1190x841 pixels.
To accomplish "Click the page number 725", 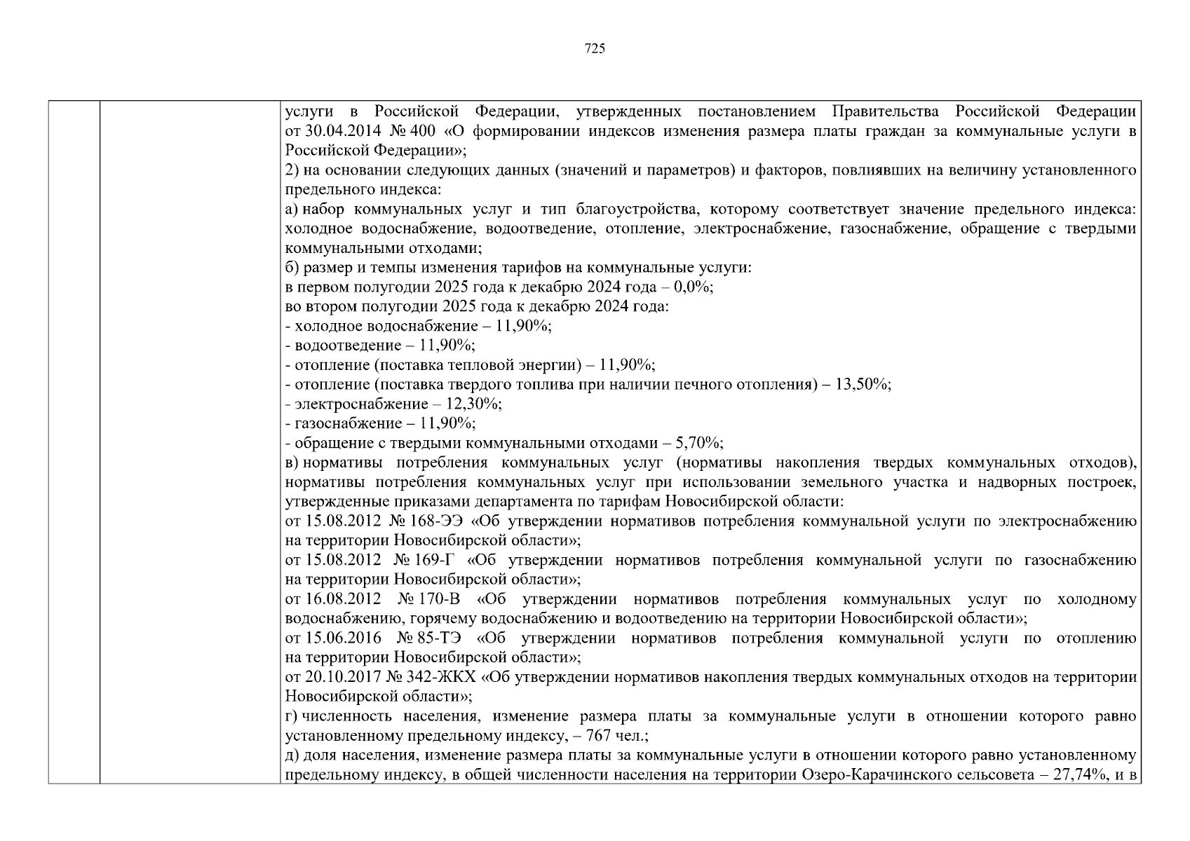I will point(595,48).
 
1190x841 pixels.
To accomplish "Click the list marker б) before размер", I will point(292,268).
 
